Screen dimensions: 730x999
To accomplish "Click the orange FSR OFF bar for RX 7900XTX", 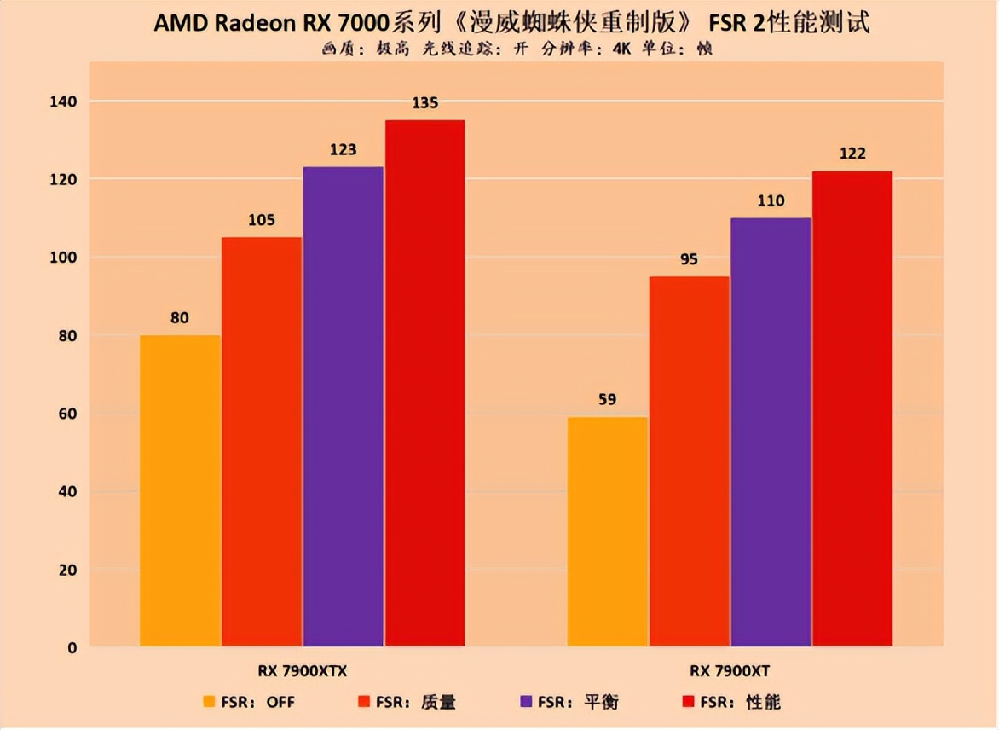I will coord(180,490).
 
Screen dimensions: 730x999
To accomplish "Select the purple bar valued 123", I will coord(344,406).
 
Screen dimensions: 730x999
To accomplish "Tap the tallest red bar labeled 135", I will coord(424,383).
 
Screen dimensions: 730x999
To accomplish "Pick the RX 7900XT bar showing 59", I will coord(607,531).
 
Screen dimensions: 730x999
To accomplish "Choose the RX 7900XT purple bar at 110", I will coord(771,432).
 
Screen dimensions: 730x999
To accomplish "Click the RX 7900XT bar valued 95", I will coord(689,461).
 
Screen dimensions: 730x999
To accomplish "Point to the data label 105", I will coord(261,220).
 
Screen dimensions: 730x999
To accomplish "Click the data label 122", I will coord(852,154).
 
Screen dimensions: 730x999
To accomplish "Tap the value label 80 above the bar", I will coord(179,318).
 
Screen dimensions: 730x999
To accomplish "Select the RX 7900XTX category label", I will coord(303,671).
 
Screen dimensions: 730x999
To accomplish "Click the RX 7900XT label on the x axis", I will coord(730,671).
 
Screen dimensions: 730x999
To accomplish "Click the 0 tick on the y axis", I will coord(72,648).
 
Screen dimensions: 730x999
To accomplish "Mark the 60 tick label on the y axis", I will coord(66,414).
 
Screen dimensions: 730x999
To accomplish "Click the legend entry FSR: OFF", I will coord(248,702).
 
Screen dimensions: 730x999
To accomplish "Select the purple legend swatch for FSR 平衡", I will coord(526,702).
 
